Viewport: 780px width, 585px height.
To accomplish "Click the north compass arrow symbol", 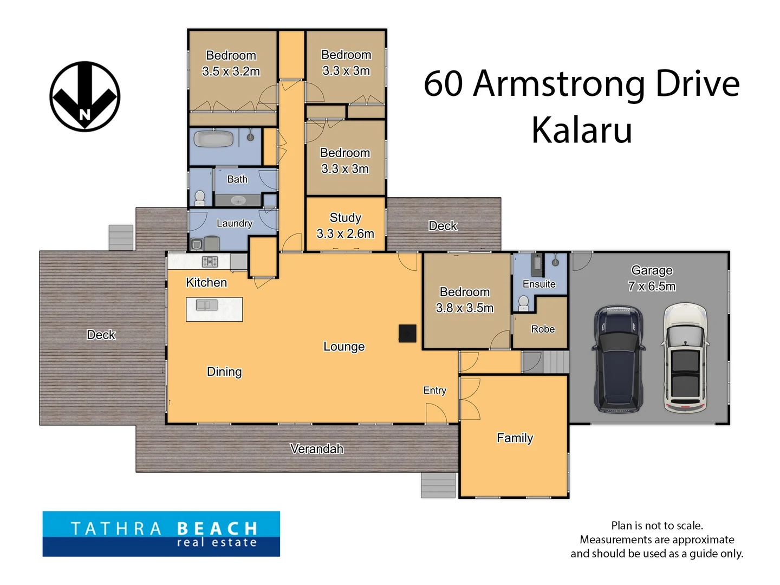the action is point(84,96).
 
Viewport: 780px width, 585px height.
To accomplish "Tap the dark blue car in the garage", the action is point(618,359).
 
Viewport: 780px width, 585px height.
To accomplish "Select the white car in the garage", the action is point(685,357).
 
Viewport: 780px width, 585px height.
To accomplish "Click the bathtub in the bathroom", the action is point(213,139).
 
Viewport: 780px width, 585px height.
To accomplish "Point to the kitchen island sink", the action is point(206,305).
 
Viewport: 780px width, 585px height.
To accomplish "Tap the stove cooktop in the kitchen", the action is point(210,262).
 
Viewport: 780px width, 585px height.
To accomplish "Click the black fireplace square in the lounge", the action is point(407,333).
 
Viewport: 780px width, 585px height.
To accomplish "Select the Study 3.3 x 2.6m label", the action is point(345,225).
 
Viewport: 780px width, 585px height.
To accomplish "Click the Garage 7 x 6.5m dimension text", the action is point(652,278).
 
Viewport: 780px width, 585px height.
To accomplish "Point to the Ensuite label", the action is point(539,284).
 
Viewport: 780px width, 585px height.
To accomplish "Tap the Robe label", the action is point(543,329).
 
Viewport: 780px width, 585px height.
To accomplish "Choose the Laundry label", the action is point(234,223).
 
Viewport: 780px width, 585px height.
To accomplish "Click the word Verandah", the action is point(317,448).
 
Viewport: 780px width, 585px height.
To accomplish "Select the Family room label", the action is point(515,438).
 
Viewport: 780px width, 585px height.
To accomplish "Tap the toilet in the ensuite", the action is point(523,303).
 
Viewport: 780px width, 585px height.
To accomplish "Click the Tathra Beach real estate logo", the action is point(161,534).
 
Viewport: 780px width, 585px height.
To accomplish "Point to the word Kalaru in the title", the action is point(581,131).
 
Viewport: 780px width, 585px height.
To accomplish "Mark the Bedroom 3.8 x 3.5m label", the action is point(464,300).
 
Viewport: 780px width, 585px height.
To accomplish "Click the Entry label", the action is point(434,391).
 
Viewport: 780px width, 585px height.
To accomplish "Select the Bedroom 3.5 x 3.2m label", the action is point(231,63).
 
